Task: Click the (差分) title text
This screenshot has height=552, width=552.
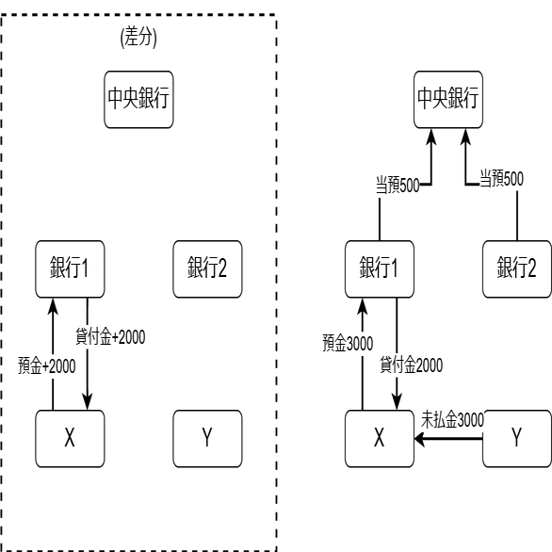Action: click(138, 37)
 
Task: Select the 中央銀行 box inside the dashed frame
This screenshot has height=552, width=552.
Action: click(138, 100)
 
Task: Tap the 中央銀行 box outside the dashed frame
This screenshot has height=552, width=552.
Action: click(448, 100)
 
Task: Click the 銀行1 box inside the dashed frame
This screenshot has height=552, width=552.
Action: click(70, 269)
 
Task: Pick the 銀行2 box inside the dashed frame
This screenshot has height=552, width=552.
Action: click(207, 269)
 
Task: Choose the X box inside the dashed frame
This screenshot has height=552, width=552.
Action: click(70, 439)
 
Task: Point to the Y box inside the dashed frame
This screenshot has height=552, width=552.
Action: click(207, 439)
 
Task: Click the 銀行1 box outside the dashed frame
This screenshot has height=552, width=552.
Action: click(380, 269)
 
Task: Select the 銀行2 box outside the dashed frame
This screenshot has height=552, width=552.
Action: click(517, 269)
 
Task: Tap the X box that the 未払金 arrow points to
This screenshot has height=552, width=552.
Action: click(380, 439)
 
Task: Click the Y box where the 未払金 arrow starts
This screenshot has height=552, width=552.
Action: click(517, 439)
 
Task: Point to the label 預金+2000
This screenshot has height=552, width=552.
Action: click(47, 365)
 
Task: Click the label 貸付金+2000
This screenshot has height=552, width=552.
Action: click(110, 336)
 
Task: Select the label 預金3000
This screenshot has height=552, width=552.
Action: click(348, 343)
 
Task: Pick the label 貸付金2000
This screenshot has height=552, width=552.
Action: click(412, 365)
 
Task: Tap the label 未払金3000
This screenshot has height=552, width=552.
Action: click(452, 419)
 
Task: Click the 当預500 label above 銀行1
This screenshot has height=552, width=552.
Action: click(398, 185)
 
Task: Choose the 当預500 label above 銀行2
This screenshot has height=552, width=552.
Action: click(502, 178)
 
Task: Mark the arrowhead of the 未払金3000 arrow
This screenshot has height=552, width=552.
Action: click(419, 439)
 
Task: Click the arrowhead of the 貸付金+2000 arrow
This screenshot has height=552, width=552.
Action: click(88, 401)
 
